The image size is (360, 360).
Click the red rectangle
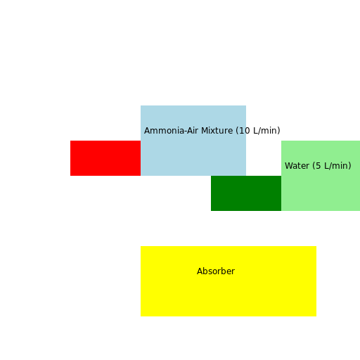click(105, 158)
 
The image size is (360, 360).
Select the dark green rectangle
click(246, 193)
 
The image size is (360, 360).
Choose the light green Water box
click(321, 186)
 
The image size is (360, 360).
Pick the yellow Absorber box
click(229, 292)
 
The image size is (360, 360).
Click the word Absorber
click(216, 271)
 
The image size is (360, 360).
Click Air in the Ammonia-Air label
click(192, 131)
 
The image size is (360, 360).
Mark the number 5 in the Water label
click(319, 166)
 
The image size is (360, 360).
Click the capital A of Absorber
click(200, 271)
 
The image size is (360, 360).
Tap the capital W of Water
click(288, 166)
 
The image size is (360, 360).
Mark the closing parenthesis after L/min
click(349, 166)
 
